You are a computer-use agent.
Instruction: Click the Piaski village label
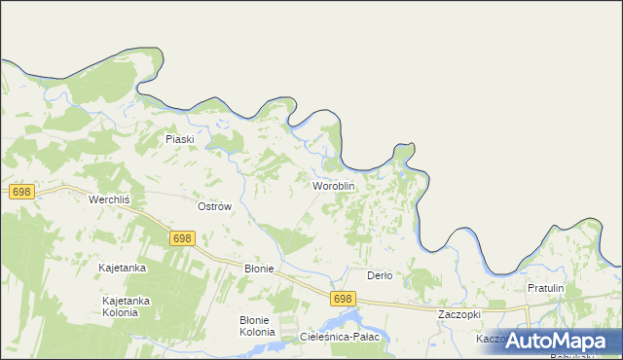click(x=180, y=139)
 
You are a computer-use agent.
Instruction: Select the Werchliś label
click(x=109, y=199)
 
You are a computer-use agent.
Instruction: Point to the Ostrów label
click(x=214, y=206)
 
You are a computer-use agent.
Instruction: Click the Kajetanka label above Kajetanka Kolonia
click(x=123, y=268)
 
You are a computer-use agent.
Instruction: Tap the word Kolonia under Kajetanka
click(x=127, y=313)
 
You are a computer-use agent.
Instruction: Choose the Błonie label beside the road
click(x=259, y=269)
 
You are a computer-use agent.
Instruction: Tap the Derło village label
click(x=379, y=275)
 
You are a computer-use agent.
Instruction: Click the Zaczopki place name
click(x=459, y=315)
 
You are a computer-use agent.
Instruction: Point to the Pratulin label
click(x=546, y=289)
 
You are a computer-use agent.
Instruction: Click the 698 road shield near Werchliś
click(x=22, y=192)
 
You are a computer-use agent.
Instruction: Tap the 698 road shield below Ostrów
click(x=182, y=238)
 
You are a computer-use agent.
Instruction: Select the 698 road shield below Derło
click(x=342, y=299)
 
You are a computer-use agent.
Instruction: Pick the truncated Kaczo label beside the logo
click(x=489, y=339)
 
